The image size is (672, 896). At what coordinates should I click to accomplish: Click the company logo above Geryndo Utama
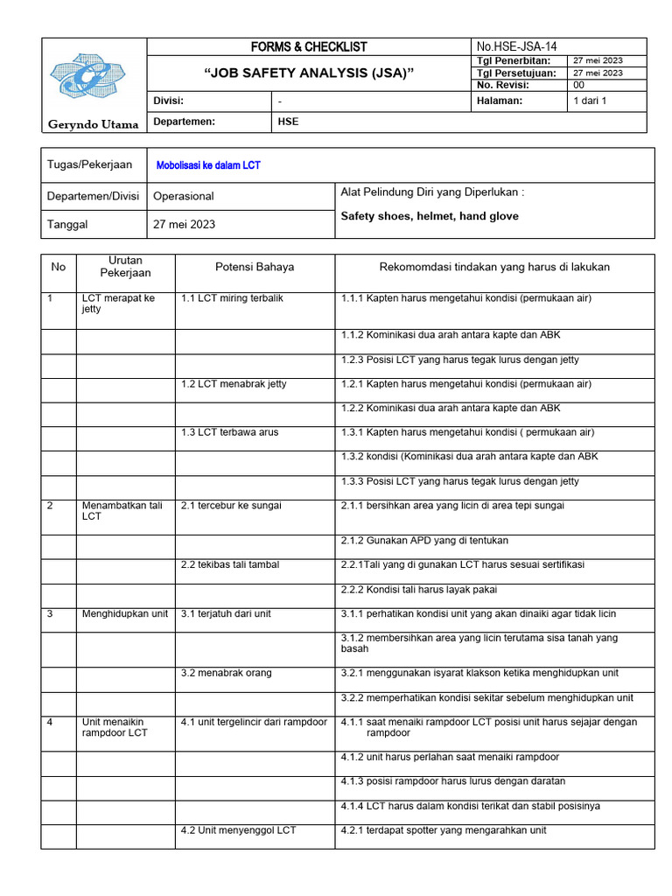coord(93,79)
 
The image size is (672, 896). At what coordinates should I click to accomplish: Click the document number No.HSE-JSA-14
coord(517,46)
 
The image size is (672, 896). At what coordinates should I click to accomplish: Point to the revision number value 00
coord(578,86)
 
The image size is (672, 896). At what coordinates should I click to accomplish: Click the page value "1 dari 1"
coord(590,101)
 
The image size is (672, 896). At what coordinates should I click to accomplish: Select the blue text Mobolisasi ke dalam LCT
coord(207,165)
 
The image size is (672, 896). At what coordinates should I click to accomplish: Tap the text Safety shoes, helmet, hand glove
coord(429,216)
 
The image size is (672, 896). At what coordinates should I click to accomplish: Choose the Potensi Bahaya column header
coord(255,267)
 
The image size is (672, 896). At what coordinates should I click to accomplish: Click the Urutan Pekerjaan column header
coord(125,267)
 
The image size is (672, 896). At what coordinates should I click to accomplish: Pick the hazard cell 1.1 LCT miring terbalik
coord(232,298)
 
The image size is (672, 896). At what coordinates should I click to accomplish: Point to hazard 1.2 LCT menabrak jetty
coord(234,384)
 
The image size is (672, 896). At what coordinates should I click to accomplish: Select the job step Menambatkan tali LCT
coord(122,511)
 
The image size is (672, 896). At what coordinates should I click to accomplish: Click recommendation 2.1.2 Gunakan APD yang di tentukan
coord(424,541)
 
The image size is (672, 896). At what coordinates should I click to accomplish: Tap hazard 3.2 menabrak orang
coord(226,673)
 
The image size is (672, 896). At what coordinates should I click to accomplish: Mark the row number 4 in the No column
coord(50,723)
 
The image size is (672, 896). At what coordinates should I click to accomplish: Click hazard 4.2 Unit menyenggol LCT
coord(238,830)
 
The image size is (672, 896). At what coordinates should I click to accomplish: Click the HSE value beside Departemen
coord(288,122)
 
